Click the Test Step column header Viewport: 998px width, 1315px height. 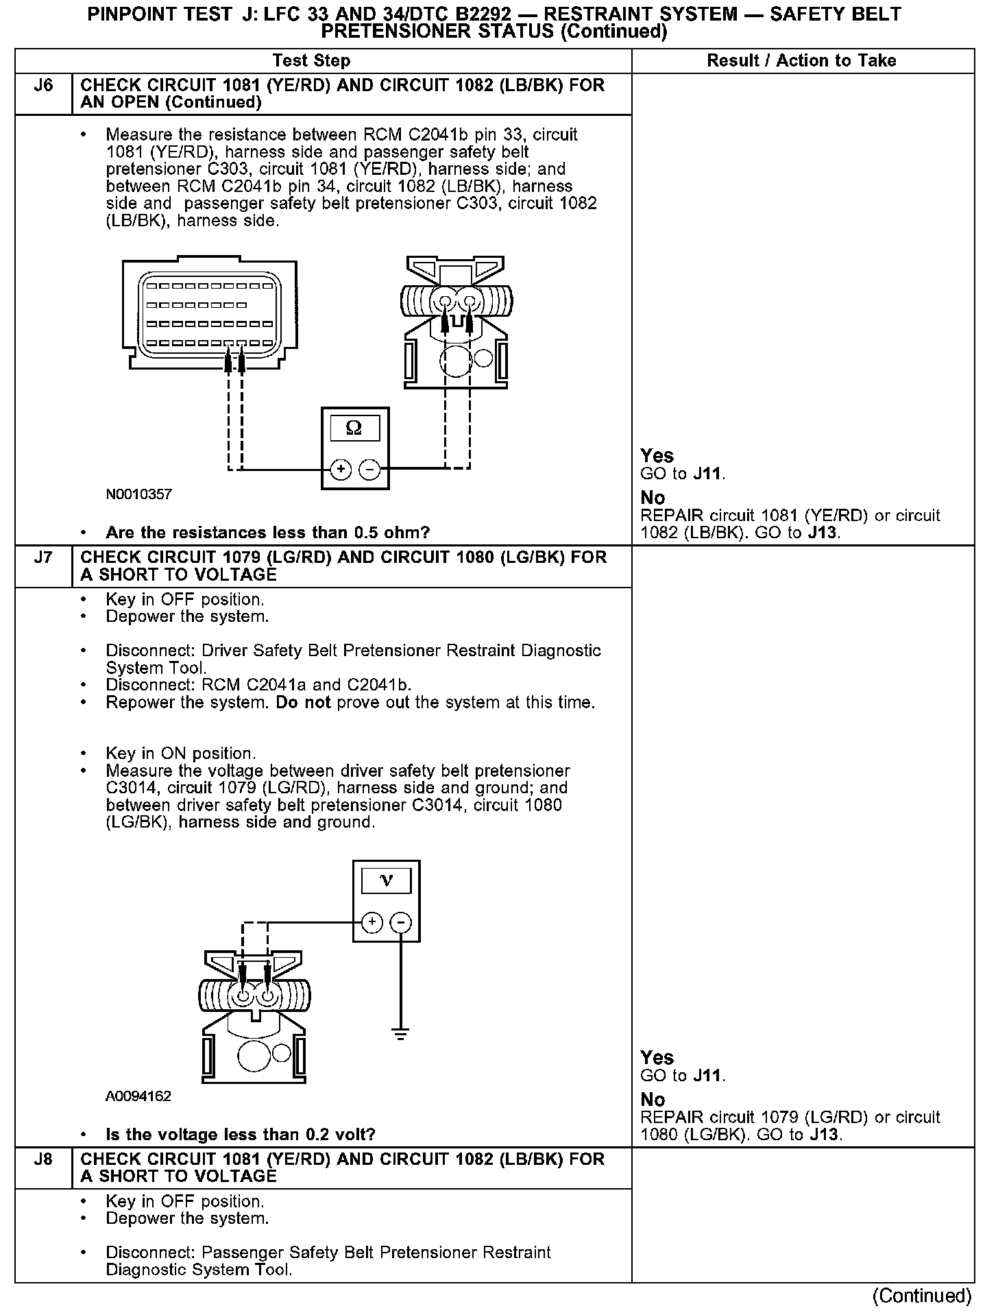(x=311, y=61)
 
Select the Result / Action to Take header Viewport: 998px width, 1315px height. (x=801, y=61)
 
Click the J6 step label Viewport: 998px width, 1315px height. (x=43, y=86)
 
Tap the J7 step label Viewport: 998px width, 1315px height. (x=43, y=557)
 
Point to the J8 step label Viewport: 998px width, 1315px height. (x=43, y=1159)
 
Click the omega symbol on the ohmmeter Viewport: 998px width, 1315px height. (x=354, y=429)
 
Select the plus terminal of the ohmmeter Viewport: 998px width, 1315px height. (x=341, y=470)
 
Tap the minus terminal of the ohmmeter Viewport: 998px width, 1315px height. (x=369, y=470)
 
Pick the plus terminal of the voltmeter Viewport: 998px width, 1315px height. (x=372, y=923)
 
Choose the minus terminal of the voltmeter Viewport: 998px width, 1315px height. (x=401, y=923)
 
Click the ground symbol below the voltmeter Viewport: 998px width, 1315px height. (x=401, y=1033)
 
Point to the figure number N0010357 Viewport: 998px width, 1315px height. (x=139, y=494)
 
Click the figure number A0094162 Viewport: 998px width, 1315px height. (x=138, y=1096)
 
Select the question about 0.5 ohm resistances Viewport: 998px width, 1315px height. (x=268, y=533)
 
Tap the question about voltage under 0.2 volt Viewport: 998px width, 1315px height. (x=241, y=1135)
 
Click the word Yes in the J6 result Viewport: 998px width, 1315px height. (x=657, y=456)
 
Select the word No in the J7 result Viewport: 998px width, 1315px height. (x=653, y=1100)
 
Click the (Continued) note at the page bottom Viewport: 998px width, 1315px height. (x=922, y=1296)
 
